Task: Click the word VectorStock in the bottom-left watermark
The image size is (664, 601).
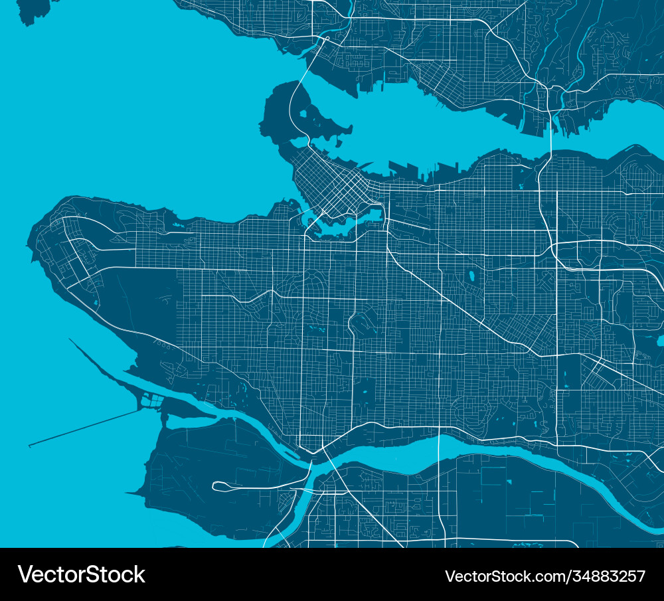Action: pyautogui.click(x=81, y=574)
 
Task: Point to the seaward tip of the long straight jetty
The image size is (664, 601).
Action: pyautogui.click(x=30, y=446)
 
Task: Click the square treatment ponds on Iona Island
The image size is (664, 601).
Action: pyautogui.click(x=152, y=400)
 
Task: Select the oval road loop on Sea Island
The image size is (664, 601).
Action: pyautogui.click(x=226, y=487)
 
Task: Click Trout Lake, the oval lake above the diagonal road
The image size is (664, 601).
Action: pyautogui.click(x=472, y=274)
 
